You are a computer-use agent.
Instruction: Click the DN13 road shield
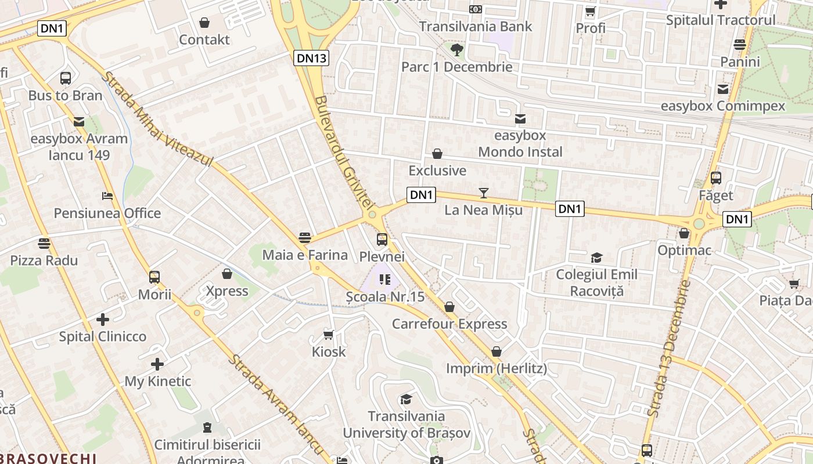pyautogui.click(x=312, y=57)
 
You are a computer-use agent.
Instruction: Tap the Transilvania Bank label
pyautogui.click(x=475, y=27)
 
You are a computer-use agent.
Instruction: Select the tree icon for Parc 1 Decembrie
pyautogui.click(x=457, y=49)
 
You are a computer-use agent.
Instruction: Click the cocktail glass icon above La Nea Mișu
pyautogui.click(x=484, y=193)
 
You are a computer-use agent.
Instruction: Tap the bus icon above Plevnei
pyautogui.click(x=382, y=239)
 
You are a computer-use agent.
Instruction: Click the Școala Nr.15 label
pyautogui.click(x=385, y=297)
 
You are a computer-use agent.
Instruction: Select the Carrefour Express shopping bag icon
pyautogui.click(x=449, y=307)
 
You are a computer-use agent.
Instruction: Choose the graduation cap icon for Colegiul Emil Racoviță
pyautogui.click(x=596, y=258)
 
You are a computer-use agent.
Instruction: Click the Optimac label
pyautogui.click(x=684, y=251)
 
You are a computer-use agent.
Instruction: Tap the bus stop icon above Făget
pyautogui.click(x=716, y=178)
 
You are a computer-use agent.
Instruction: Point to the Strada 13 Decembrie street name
pyautogui.click(x=668, y=348)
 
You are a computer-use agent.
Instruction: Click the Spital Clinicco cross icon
pyautogui.click(x=103, y=319)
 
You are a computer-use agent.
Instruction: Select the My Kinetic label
pyautogui.click(x=158, y=381)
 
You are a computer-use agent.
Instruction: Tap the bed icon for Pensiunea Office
pyautogui.click(x=107, y=196)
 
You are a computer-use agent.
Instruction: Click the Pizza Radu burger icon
pyautogui.click(x=44, y=243)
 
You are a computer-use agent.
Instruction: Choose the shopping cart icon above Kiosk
pyautogui.click(x=328, y=335)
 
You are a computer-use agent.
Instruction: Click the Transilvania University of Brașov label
pyautogui.click(x=406, y=425)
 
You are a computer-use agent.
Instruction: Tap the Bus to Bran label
pyautogui.click(x=65, y=96)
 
